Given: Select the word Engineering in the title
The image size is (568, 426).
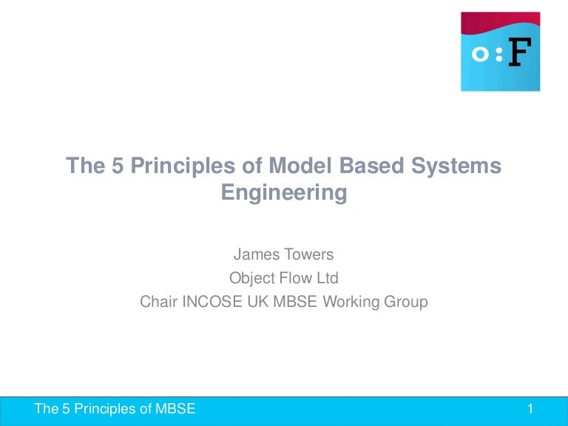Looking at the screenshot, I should click(284, 192).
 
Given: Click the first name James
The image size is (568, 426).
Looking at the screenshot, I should click(255, 255).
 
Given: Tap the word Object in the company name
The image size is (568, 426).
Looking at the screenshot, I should click(252, 279).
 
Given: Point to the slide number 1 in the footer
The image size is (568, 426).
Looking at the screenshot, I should click(530, 409).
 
